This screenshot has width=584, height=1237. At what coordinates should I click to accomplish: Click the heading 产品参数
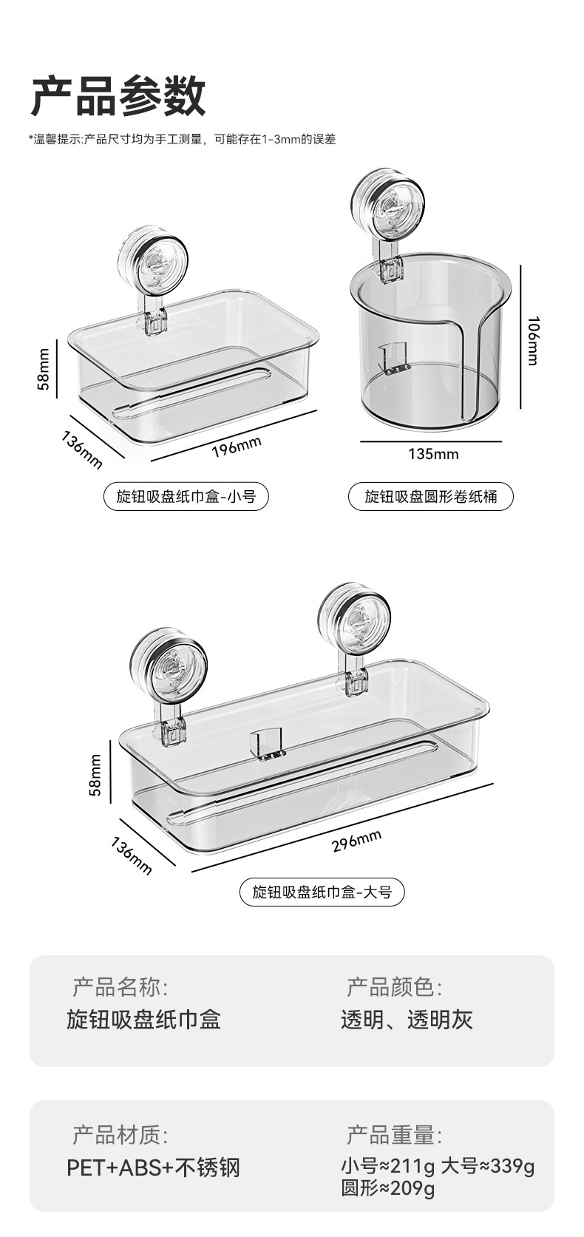118,95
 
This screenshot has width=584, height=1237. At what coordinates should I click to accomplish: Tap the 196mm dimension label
237,447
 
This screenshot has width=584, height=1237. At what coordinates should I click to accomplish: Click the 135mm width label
433,453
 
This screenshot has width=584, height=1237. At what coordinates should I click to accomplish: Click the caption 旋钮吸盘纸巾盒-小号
186,497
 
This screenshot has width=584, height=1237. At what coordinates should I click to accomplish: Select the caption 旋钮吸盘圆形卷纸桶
430,497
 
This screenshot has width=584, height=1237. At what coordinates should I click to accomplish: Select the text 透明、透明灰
407,1020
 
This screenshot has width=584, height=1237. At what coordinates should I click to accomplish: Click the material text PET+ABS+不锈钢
153,1167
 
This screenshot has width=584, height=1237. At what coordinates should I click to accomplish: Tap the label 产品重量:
394,1135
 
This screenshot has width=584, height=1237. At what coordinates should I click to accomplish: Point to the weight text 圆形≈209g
387,1188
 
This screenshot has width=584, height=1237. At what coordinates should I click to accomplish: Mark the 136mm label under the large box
132,856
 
